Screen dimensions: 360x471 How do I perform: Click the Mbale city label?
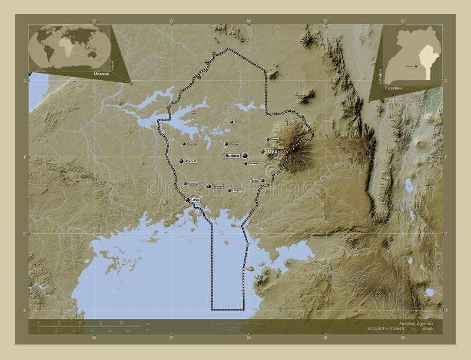tap(276, 151)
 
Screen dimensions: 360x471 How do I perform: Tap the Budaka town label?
tap(232, 156)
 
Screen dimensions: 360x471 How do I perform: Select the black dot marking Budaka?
tap(244, 156)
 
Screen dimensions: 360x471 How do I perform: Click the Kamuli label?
tap(190, 161)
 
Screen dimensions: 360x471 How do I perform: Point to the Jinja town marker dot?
tap(188, 201)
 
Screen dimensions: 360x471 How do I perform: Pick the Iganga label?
tap(217, 186)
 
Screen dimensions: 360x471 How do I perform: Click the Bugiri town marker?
tap(230, 191)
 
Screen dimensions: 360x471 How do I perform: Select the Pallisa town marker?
tap(227, 144)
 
